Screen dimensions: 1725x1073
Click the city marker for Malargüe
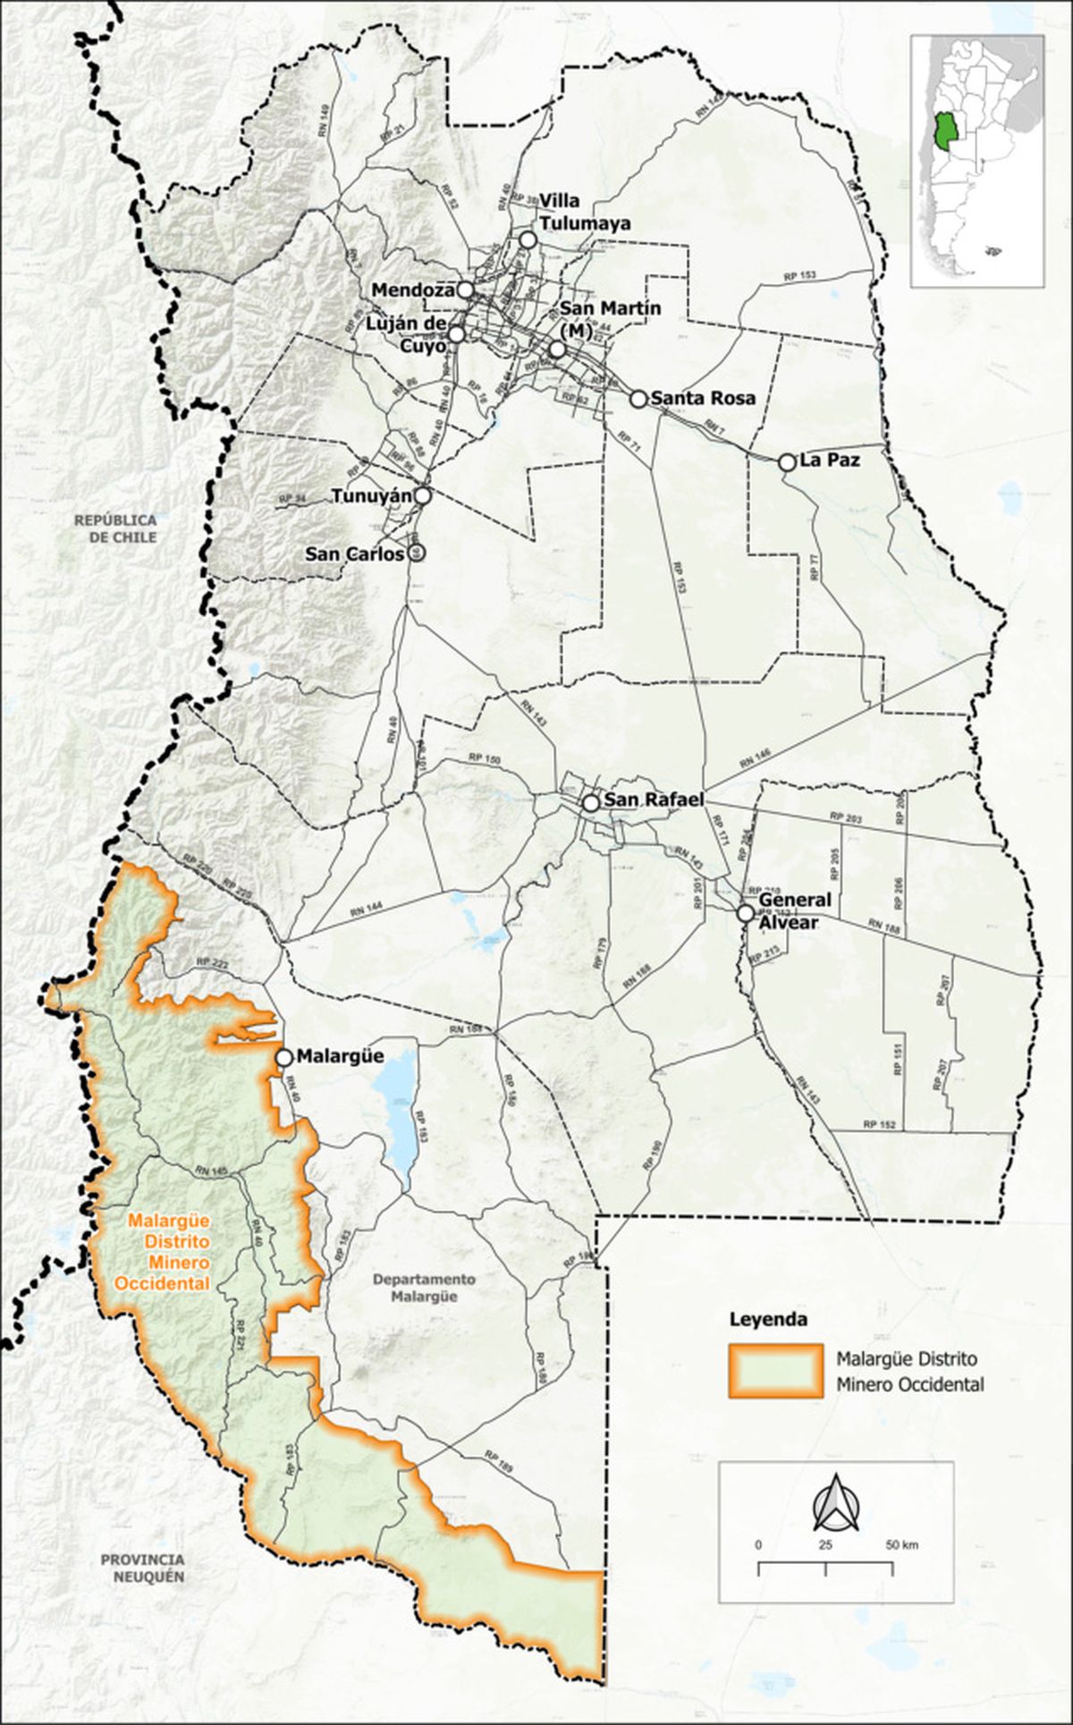point(283,1057)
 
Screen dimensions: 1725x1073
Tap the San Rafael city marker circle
point(590,803)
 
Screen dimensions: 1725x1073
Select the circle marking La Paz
point(787,462)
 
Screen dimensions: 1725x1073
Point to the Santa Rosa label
point(703,398)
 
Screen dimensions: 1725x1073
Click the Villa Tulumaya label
point(585,212)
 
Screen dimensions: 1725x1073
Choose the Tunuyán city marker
point(423,495)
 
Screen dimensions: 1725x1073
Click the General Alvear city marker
point(745,913)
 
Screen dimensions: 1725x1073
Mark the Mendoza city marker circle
point(465,290)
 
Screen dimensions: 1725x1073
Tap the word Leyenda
point(768,1318)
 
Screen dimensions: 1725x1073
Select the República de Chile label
point(115,528)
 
